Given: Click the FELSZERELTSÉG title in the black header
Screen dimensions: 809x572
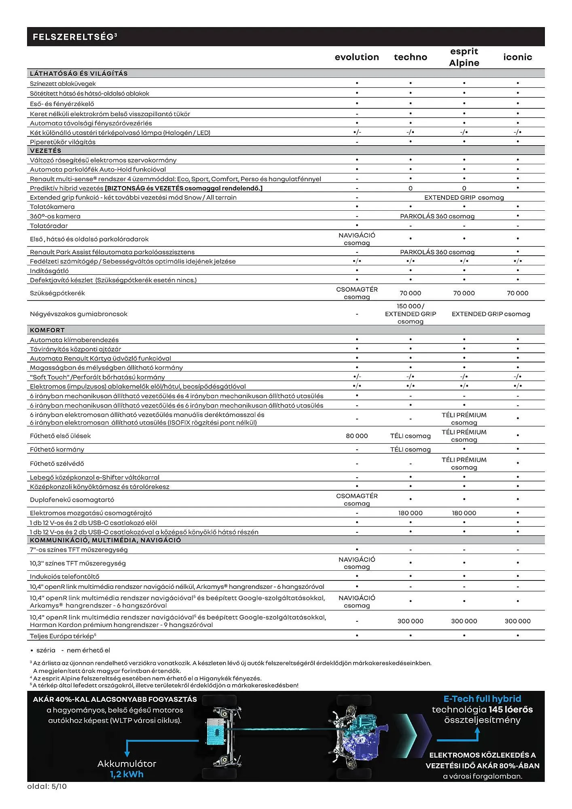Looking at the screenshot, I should point(74,37).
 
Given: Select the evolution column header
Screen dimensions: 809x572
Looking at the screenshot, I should point(357,57).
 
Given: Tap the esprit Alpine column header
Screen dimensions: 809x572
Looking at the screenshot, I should point(464,57).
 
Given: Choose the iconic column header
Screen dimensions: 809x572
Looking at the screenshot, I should point(517,57).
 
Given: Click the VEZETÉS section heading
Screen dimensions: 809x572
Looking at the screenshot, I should point(46,150).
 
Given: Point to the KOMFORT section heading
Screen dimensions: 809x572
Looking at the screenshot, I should point(47,330).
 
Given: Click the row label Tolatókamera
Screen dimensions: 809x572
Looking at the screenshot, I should point(52,207).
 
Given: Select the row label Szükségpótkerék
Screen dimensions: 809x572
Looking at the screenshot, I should point(57,293).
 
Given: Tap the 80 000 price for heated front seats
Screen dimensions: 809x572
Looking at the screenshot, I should point(357,436).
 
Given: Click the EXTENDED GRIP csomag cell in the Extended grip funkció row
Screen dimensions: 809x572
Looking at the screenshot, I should point(464,197).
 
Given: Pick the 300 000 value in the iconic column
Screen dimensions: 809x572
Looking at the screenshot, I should point(517,621).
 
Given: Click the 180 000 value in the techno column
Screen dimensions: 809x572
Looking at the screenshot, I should point(410,513).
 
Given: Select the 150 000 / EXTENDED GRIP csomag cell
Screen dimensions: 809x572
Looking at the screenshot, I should point(410,314).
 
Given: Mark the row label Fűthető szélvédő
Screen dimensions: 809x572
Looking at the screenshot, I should point(57,464).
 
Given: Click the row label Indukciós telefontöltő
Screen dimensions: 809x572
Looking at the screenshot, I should point(64,576).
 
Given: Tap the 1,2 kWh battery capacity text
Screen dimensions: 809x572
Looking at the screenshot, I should point(127,774).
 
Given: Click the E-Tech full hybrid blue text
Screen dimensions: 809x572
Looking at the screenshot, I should point(482,699).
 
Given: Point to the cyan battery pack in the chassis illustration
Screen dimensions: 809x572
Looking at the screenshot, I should point(218,731).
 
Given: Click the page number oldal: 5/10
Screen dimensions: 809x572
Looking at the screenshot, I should point(47,786).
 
